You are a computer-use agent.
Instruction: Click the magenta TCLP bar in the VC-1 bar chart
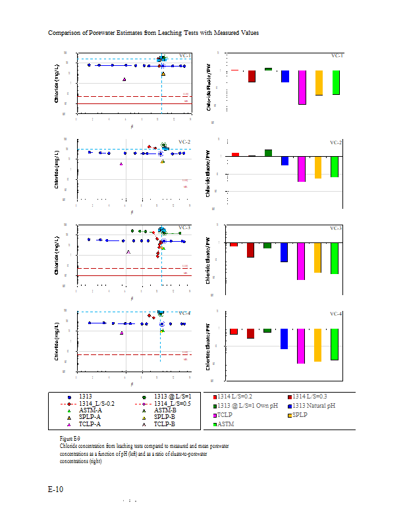click(302, 87)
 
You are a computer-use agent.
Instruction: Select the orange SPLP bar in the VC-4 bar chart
click(318, 344)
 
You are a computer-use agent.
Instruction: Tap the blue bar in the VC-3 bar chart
click(285, 252)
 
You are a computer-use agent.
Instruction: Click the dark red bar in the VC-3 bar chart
click(251, 250)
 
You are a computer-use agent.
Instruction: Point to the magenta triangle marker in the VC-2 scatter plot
click(121, 164)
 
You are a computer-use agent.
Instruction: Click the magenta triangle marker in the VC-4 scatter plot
click(122, 333)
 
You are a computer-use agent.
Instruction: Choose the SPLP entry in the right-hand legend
click(300, 415)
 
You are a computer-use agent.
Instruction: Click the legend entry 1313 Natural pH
click(313, 406)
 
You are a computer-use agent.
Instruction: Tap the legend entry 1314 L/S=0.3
click(312, 397)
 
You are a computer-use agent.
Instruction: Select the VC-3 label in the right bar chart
click(336, 228)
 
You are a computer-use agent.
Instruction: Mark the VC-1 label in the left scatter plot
click(185, 56)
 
